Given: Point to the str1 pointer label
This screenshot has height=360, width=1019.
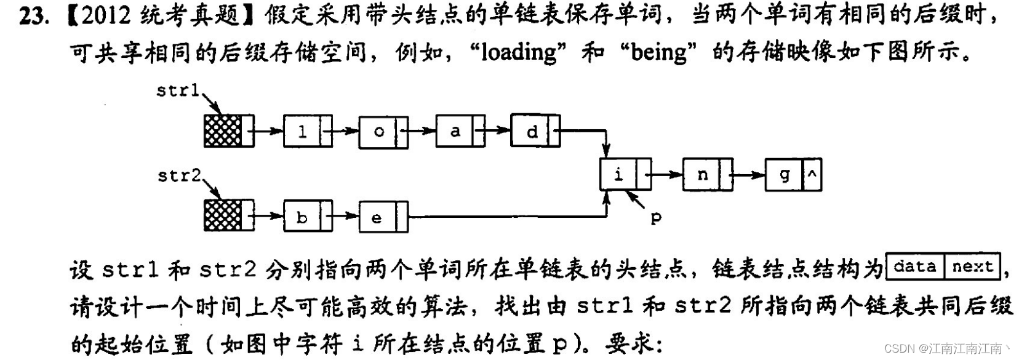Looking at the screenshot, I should coord(177,91).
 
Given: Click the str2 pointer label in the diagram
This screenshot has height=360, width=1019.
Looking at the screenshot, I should coord(179,176).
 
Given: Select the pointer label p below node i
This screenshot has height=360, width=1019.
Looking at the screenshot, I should coord(656,218).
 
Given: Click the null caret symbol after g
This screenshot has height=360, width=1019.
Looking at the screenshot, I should coord(812,175).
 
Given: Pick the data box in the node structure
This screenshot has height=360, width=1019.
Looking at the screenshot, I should coord(914,266).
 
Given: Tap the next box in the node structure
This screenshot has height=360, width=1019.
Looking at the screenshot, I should coord(972,266).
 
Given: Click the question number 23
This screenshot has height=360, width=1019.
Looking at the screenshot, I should coord(33,17).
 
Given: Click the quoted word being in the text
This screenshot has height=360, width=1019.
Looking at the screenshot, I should coord(658,53).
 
